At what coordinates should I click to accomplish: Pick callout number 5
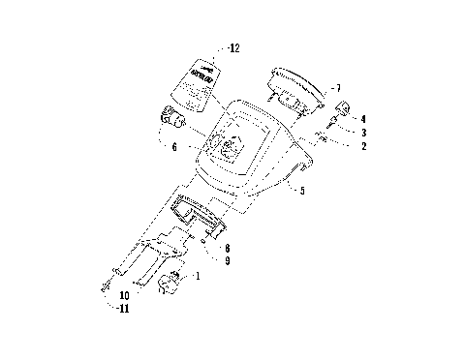point(302,192)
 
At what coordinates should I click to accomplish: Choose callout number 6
point(174,147)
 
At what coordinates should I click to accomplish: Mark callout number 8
point(227,249)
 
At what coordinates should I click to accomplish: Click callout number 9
point(227,260)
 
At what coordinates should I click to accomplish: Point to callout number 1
point(199,277)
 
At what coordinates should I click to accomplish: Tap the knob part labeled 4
point(344,106)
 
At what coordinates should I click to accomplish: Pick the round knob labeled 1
point(172,284)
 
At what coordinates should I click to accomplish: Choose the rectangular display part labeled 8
point(198,214)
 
